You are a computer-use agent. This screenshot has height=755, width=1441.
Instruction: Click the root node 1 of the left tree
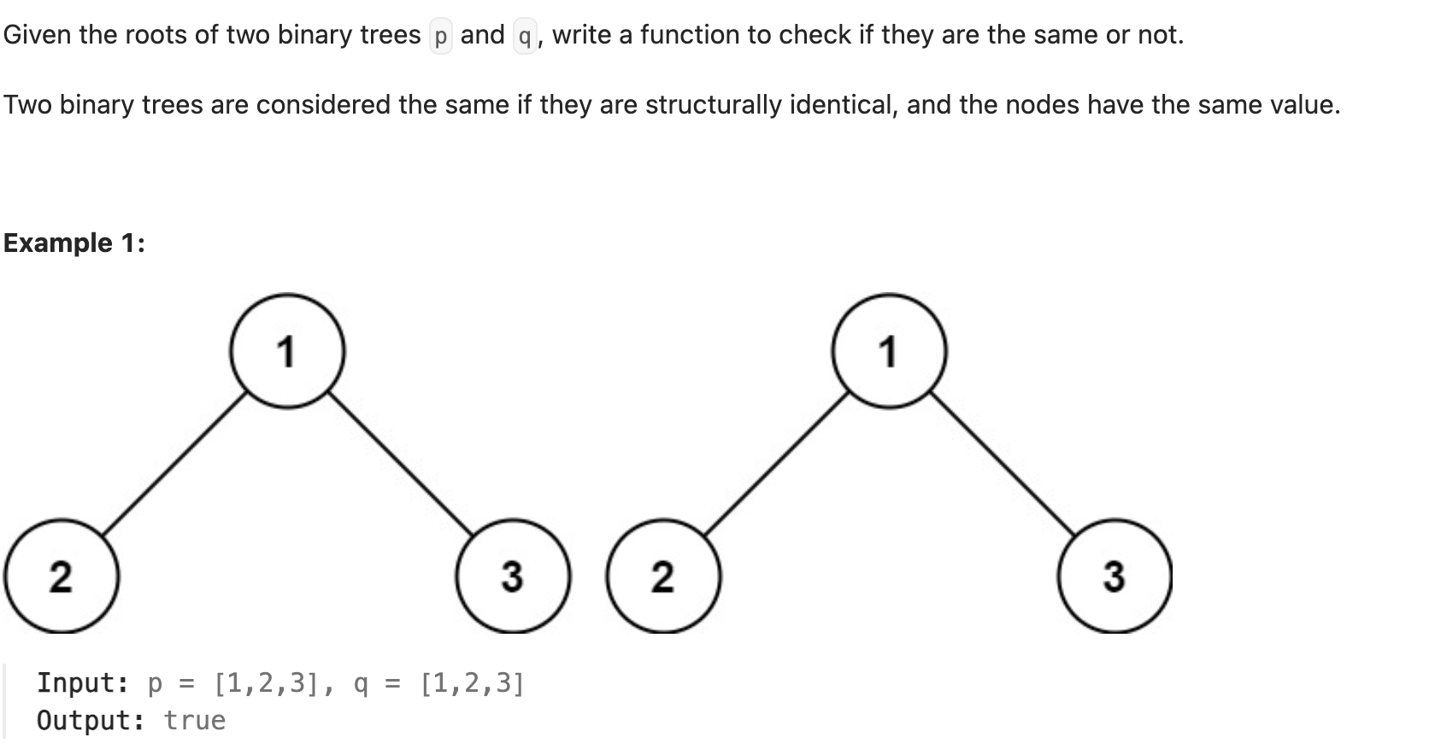point(287,351)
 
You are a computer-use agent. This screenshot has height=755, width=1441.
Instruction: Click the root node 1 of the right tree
point(890,351)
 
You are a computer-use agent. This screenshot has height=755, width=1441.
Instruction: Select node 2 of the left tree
point(61,576)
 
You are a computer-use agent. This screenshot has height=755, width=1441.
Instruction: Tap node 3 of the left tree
point(512,576)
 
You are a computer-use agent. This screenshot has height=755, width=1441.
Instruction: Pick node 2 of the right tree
point(663,576)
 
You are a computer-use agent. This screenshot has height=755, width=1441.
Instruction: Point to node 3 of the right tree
point(1115,576)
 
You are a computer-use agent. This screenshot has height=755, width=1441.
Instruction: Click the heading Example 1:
point(74,243)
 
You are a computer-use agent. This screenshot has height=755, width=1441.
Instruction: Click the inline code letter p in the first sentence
point(441,36)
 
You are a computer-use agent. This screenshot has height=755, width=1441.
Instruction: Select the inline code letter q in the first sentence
point(525,36)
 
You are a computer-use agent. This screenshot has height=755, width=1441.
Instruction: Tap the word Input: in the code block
point(83,683)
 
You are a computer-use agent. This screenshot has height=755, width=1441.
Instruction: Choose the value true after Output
point(195,720)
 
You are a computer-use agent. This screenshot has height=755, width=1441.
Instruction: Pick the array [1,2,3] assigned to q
point(473,683)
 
